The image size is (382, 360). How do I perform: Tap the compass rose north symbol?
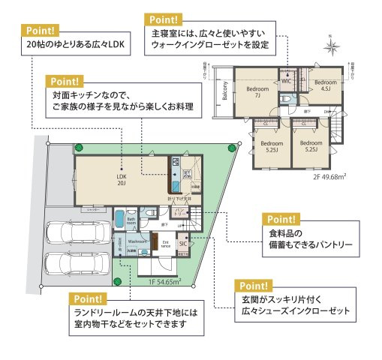tap(331, 46)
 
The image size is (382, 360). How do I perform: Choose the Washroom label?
tap(136, 242)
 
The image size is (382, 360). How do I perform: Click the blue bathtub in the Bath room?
tap(119, 220)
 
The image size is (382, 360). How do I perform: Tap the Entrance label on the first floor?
tap(164, 243)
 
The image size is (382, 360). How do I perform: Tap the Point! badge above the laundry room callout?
tap(87, 298)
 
